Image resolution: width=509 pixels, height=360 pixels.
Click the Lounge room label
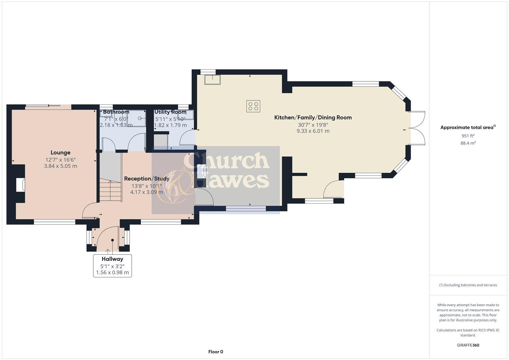pos(60,152)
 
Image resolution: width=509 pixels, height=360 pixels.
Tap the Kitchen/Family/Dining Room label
pos(313,117)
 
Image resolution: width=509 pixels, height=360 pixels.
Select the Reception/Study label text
pos(147,178)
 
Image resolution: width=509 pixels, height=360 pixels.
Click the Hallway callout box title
pos(112,259)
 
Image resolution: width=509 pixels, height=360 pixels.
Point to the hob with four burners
pos(253,106)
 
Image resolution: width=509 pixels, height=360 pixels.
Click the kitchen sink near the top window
pos(212,80)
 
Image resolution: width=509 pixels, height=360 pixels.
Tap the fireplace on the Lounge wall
pos(20,185)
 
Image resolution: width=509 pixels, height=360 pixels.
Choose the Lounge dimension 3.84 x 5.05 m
pos(60,166)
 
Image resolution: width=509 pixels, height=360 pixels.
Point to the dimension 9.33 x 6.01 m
pos(313,131)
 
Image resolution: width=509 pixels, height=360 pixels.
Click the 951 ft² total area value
pos(468,136)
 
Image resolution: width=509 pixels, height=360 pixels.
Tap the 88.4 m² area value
pos(468,143)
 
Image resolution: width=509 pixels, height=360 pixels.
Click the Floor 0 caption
pos(215,352)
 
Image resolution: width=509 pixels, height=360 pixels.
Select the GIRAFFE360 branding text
pos(468,345)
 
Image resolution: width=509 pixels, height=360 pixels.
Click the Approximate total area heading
pos(468,127)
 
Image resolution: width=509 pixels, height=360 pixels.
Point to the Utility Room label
pos(170,112)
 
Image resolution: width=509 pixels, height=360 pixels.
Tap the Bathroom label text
pos(116,112)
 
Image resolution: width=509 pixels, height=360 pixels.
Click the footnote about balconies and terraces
pos(468,285)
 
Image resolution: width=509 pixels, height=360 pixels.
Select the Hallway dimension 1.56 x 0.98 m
pos(112,272)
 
